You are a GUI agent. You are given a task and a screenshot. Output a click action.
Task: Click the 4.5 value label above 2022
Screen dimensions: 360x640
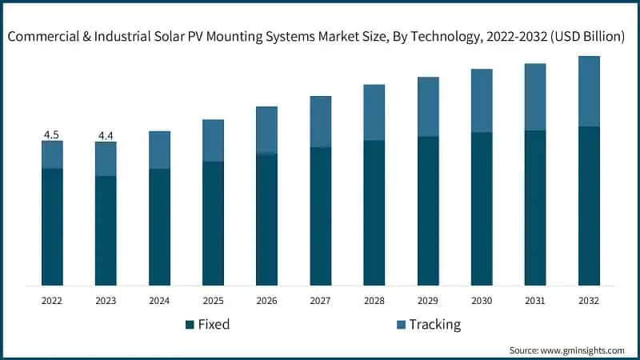pyautogui.click(x=52, y=134)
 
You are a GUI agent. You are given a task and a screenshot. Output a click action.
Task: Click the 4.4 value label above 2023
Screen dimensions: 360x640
pyautogui.click(x=106, y=135)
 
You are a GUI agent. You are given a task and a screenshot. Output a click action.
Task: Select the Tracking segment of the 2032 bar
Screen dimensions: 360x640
pyautogui.click(x=589, y=91)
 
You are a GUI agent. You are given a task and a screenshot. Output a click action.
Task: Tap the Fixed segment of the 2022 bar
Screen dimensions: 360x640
pyautogui.click(x=52, y=226)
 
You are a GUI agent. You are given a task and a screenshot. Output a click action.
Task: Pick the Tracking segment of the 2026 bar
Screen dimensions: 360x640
pyautogui.click(x=266, y=130)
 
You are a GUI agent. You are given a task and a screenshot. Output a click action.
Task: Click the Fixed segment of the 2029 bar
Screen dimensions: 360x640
pyautogui.click(x=428, y=210)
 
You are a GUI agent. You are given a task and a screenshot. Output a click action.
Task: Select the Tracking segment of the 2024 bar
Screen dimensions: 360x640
pyautogui.click(x=159, y=150)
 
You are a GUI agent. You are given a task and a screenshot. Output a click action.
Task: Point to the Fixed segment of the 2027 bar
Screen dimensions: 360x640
pyautogui.click(x=321, y=216)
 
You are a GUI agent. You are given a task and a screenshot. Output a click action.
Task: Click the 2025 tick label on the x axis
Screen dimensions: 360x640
pyautogui.click(x=213, y=301)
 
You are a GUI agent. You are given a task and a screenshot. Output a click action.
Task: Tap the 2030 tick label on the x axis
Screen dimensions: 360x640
pyautogui.click(x=482, y=301)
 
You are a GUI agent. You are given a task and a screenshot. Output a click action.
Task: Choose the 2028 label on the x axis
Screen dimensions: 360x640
pyautogui.click(x=374, y=301)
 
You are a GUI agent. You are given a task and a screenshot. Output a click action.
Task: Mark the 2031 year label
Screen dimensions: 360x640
pyautogui.click(x=535, y=301)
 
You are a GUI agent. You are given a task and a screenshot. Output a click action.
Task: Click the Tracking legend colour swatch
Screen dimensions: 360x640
pyautogui.click(x=400, y=325)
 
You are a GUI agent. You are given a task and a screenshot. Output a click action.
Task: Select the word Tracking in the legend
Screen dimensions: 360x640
pyautogui.click(x=435, y=325)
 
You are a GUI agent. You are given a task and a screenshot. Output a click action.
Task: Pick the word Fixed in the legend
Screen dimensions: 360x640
pyautogui.click(x=214, y=325)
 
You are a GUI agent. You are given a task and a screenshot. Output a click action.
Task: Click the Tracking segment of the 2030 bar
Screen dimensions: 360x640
pyautogui.click(x=482, y=100)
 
